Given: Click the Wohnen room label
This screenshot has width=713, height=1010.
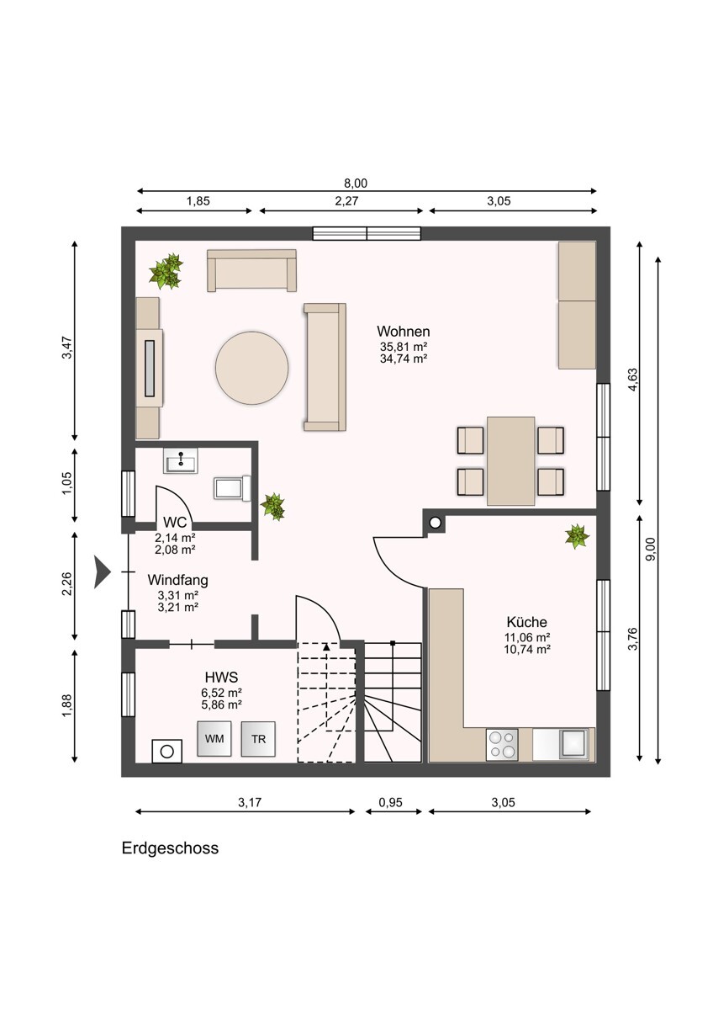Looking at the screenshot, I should point(403,332).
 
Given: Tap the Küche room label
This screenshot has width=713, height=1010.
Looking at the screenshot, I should point(527,622).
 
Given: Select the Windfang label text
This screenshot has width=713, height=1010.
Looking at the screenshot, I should point(177,580).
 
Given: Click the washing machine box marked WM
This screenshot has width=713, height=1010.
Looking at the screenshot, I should point(214,738).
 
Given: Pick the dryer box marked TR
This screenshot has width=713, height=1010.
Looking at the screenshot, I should point(258,738).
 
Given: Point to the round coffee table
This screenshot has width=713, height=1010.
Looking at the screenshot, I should point(251,368).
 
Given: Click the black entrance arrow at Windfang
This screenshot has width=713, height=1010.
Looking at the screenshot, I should point(103,571).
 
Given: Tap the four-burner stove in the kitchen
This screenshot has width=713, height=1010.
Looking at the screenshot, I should point(503,744).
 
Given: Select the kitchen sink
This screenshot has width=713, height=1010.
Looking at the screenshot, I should point(574,744).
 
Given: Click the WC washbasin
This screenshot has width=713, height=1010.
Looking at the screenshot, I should point(181,461).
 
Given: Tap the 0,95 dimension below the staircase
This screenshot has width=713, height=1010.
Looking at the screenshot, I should point(390,803).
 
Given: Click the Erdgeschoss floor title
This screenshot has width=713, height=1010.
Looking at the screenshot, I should point(170,848).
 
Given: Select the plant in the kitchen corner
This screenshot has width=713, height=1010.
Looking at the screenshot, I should point(577,536).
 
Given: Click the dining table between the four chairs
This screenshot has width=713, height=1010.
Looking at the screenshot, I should point(511,460).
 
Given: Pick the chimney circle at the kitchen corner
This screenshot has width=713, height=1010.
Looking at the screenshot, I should point(435,524).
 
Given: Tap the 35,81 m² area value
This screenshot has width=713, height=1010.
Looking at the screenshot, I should point(404,346).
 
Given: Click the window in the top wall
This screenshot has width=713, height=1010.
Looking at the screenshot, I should point(367,234).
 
